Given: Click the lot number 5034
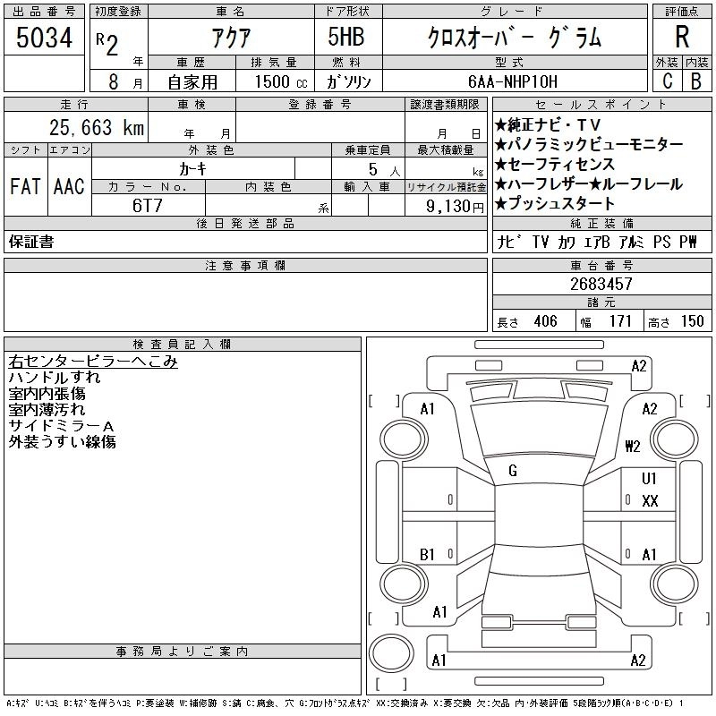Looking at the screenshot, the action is [x=44, y=38].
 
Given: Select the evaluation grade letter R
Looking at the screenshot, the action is [x=682, y=37].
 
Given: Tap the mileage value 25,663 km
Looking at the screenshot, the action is [x=97, y=127].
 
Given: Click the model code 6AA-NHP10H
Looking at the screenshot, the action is [x=513, y=81].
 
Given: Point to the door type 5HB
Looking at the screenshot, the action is [x=346, y=37].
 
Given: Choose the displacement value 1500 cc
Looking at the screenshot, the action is [x=281, y=81].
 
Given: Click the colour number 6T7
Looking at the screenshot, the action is [x=148, y=206].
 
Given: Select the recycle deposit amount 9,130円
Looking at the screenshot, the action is [x=455, y=207].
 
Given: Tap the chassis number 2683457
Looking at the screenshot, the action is [x=601, y=284].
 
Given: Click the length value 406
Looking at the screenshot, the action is [x=546, y=321].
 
